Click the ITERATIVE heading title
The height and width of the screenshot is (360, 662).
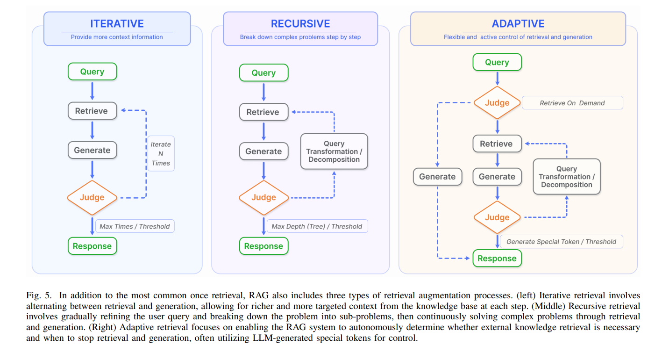click(117, 23)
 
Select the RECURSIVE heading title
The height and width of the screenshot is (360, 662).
click(300, 24)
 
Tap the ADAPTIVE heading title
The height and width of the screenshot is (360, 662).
click(518, 24)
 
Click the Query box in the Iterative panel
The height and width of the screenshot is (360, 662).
click(92, 72)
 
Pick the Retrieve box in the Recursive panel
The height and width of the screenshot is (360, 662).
click(263, 112)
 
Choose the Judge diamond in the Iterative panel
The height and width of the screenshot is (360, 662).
click(92, 197)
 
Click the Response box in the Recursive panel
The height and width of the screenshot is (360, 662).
click(263, 246)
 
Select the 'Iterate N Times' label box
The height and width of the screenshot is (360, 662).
click(161, 154)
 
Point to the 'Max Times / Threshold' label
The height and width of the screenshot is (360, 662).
click(135, 226)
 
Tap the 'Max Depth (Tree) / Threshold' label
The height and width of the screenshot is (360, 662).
click(317, 226)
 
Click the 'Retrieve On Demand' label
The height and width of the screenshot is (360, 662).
click(572, 103)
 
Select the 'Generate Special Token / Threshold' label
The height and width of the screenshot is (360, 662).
click(561, 242)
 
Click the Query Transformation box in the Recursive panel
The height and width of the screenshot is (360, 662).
click(334, 151)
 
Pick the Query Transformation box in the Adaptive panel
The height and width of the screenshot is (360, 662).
click(566, 177)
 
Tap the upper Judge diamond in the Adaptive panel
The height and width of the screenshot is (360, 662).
click(497, 103)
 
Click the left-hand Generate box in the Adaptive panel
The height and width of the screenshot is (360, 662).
click(437, 177)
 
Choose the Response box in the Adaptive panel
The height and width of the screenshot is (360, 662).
click(497, 259)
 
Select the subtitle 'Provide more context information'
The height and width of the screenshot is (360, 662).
click(117, 37)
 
